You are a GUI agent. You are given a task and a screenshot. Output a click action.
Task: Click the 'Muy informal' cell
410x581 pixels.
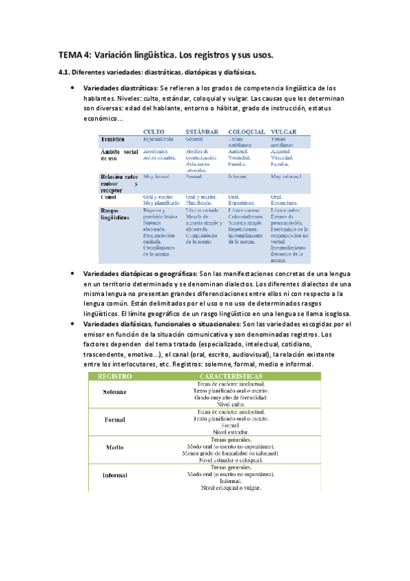point(286,177)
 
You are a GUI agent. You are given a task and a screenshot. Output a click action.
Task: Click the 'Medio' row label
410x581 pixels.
point(114,447)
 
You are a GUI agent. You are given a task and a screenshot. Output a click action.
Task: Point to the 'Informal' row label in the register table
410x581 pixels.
point(114,475)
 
